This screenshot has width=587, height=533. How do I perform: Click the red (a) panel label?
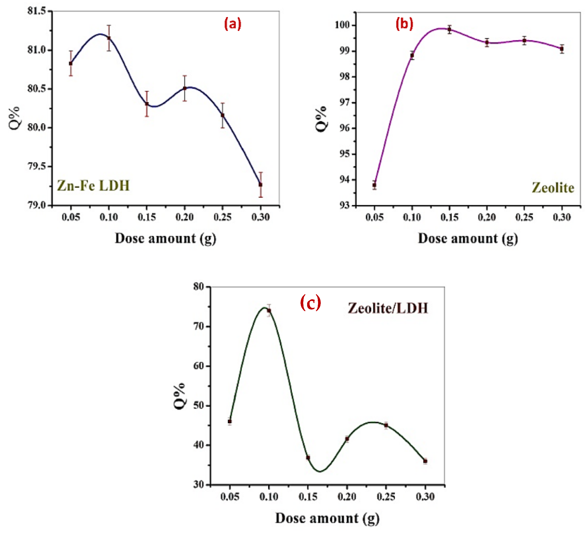coord(233,24)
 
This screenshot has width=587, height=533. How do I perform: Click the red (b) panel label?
coord(404,24)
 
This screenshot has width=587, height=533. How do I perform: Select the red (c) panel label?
coord(310,303)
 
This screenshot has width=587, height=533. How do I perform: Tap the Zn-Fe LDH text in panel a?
coord(93,186)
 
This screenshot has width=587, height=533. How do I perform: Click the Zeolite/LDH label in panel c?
coord(388,308)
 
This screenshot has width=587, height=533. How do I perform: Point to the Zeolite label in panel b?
coord(553,188)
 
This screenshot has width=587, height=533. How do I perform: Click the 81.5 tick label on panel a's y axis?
coord(37,11)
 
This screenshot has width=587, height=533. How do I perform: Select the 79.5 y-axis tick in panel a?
coord(37,166)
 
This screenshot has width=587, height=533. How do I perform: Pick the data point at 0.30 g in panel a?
coord(261,185)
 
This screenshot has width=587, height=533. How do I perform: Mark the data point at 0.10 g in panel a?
coord(109,38)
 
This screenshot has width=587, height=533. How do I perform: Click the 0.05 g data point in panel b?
coord(374,185)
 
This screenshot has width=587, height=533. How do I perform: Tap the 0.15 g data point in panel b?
coord(450,29)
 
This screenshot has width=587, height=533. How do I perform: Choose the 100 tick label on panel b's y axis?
coord(342,25)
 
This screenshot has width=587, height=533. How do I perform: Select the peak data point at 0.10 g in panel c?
coord(269,311)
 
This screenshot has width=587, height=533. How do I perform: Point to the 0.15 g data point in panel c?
coord(308,458)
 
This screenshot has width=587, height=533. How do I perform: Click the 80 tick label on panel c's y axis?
coord(199,287)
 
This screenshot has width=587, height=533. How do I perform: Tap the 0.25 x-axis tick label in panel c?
coord(386,497)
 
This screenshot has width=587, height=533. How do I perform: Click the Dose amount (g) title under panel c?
coord(327,518)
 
